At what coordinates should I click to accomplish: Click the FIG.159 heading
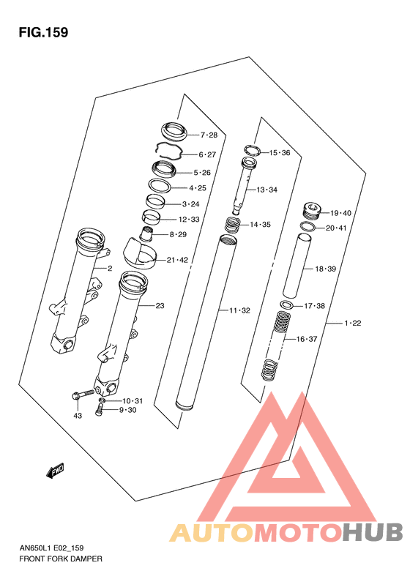44,32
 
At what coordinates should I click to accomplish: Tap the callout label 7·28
209,135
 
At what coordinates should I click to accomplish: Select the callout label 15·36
280,153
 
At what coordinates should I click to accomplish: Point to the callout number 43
78,416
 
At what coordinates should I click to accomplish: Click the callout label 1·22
353,323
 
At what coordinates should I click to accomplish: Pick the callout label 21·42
177,260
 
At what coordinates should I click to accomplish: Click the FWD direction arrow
56,471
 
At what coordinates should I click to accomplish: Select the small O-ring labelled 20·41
307,226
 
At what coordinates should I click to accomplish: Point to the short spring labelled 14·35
233,225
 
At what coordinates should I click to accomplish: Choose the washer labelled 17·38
287,305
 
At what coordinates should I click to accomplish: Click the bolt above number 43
83,395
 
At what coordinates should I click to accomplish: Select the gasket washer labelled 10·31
102,400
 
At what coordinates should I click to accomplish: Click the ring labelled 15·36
253,149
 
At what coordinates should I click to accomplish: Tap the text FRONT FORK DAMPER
61,559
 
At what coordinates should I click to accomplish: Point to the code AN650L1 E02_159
51,548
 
